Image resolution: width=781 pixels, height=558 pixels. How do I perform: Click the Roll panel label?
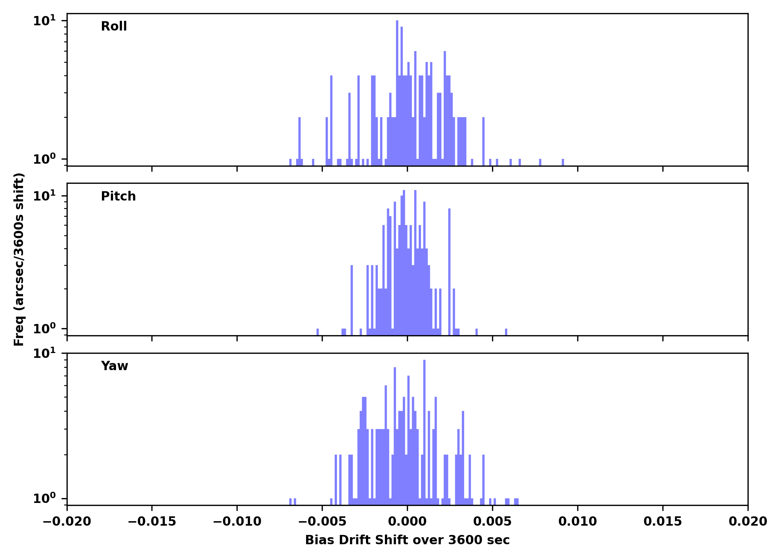(114, 26)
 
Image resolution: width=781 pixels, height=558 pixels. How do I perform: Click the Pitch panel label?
(118, 196)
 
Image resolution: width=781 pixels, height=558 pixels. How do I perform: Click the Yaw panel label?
(115, 366)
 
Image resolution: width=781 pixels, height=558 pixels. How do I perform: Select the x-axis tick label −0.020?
(67, 522)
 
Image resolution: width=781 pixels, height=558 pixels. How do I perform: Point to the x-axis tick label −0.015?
(152, 522)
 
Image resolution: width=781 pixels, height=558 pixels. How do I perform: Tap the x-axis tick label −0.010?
(237, 522)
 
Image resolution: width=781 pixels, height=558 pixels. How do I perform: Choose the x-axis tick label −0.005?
(322, 522)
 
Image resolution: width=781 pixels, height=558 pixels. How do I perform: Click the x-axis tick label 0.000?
(407, 522)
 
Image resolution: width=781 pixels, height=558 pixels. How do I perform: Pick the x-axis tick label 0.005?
(492, 522)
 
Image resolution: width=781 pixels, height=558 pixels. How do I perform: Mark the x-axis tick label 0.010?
(578, 522)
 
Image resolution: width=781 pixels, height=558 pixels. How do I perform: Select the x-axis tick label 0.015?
(663, 522)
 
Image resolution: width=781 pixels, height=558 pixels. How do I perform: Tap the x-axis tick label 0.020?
(748, 522)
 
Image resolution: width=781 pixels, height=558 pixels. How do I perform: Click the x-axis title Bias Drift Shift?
(407, 540)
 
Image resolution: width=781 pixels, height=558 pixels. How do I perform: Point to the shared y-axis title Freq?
(19, 259)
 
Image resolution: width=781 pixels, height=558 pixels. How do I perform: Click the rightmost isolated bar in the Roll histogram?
(563, 162)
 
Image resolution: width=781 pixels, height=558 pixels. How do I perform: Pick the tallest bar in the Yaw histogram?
(424, 428)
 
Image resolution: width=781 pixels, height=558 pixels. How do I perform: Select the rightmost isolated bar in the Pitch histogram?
(506, 332)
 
